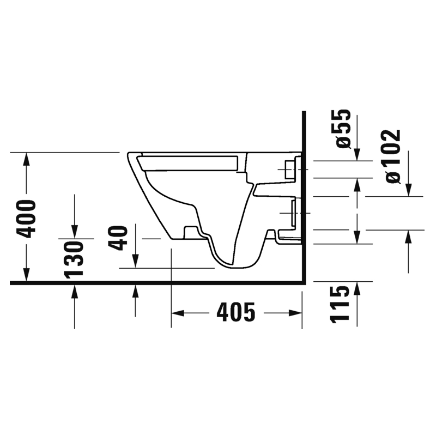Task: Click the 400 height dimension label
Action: click(x=26, y=219)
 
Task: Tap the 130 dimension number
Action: click(x=74, y=260)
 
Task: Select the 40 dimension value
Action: click(x=118, y=238)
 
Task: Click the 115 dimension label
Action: click(x=339, y=305)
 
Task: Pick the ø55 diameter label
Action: click(x=343, y=129)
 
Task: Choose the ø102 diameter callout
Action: click(x=393, y=156)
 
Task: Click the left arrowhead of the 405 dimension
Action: click(x=178, y=313)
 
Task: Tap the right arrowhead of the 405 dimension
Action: click(x=295, y=313)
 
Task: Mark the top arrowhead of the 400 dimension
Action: click(x=26, y=159)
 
